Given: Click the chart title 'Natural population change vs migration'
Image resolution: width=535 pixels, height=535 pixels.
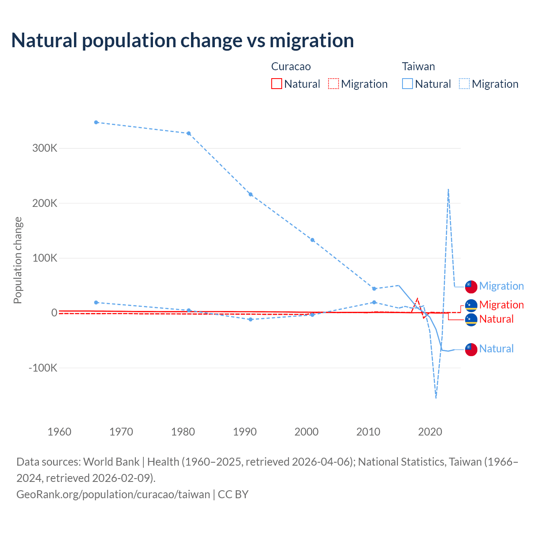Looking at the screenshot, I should (183, 41).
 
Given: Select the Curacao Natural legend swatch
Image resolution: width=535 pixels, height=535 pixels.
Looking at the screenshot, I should (276, 84).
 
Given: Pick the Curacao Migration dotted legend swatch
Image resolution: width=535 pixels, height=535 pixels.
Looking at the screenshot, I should (334, 84).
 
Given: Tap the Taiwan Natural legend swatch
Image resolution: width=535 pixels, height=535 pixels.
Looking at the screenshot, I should (407, 84).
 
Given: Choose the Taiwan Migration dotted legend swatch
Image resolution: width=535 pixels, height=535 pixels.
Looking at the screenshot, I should (464, 84).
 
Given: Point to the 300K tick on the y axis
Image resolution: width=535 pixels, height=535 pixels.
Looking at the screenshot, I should (45, 148).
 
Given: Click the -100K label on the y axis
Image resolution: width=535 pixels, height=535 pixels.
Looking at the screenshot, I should (43, 368).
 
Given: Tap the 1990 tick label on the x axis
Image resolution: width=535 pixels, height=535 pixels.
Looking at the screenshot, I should (245, 432).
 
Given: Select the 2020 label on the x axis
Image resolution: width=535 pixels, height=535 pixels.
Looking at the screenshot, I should (430, 432).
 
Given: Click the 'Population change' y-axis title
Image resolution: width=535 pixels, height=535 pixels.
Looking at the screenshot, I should (18, 260).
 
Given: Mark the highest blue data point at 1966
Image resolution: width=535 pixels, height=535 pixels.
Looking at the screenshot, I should (96, 122).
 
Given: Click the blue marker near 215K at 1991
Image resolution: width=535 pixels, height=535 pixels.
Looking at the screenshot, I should (251, 194).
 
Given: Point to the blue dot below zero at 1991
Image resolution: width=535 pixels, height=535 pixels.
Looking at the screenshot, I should (251, 319).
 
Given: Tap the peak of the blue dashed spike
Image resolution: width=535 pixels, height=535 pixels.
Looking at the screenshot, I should (448, 189).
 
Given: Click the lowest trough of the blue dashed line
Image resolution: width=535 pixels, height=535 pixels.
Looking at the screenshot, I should (436, 397).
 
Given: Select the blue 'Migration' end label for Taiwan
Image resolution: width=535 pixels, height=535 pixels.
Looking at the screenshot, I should (501, 286).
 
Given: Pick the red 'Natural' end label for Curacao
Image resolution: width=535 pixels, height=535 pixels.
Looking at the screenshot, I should (496, 319).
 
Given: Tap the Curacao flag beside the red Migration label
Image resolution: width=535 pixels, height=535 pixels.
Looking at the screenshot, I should (471, 306).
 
